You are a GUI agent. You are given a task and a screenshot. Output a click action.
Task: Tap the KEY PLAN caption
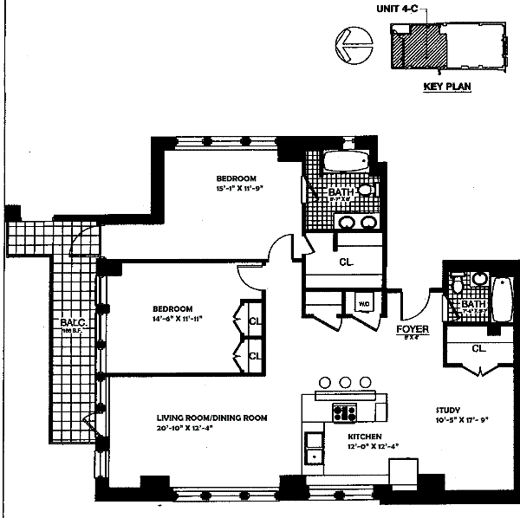446,87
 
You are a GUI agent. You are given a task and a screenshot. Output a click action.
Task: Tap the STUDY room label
448,411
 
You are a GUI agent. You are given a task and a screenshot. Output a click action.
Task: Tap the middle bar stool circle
344,382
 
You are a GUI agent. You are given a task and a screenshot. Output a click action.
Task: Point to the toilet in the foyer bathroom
457,287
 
